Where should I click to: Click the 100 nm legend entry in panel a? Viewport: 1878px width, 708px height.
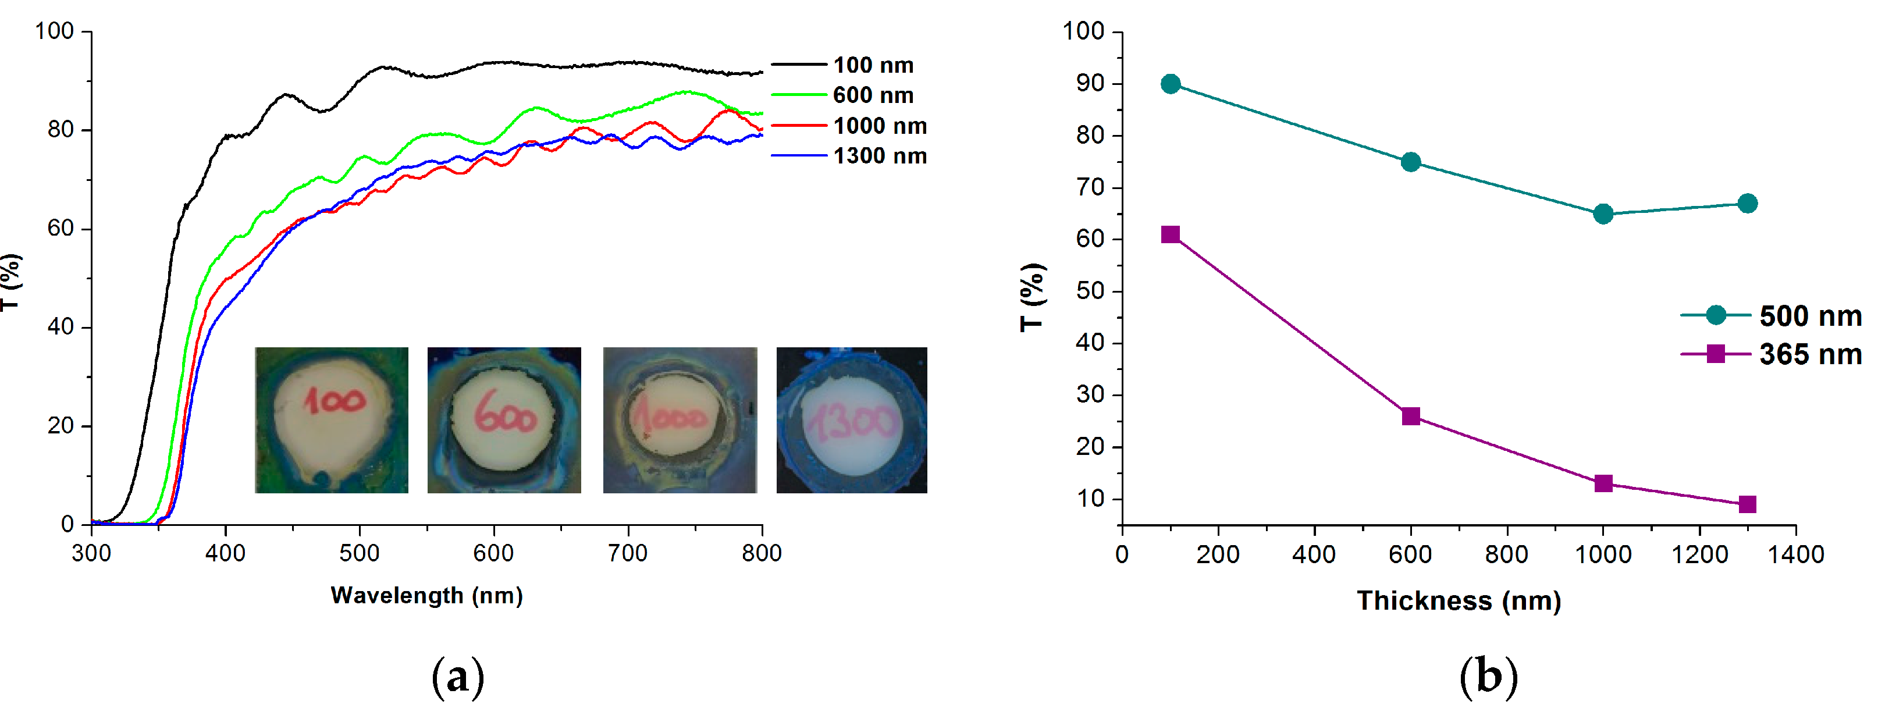(x=873, y=65)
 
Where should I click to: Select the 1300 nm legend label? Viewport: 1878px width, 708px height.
(x=879, y=156)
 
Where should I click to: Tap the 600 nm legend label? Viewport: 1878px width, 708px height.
(x=873, y=95)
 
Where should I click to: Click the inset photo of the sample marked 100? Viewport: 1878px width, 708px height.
(x=332, y=420)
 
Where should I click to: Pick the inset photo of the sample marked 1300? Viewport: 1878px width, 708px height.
(x=852, y=420)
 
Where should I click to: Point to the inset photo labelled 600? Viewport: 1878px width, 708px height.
(x=504, y=420)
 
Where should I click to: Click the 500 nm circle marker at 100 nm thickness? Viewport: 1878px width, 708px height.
(x=1171, y=84)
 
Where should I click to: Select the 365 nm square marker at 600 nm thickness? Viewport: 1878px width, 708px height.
(x=1411, y=417)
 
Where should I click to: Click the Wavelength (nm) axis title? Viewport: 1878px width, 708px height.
(x=426, y=596)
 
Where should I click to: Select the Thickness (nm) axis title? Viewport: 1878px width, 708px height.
(x=1459, y=601)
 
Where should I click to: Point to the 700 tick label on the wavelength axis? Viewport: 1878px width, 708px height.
(x=628, y=553)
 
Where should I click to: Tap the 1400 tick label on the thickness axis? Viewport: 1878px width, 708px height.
(x=1795, y=555)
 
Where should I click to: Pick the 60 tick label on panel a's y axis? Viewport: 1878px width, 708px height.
(x=61, y=228)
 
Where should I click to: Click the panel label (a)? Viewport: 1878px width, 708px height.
(x=458, y=677)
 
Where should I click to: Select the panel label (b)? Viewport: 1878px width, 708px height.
(x=1488, y=677)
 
